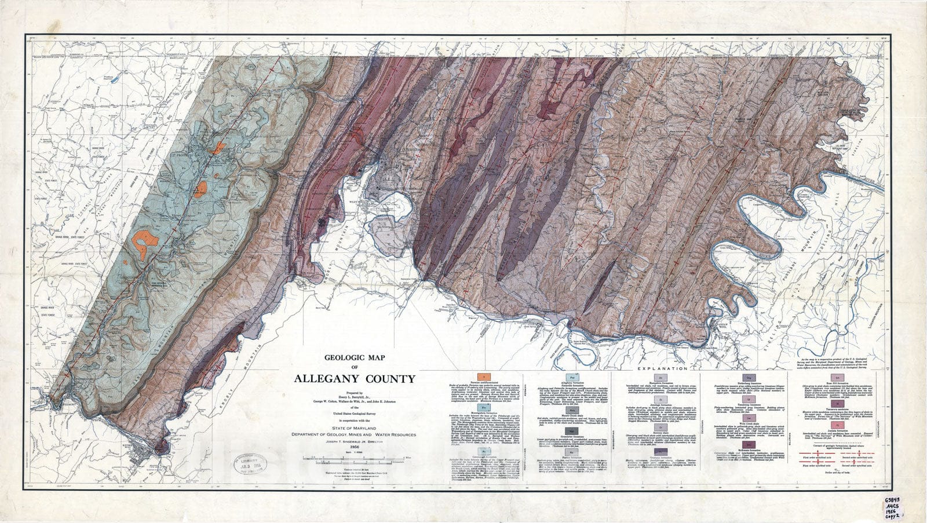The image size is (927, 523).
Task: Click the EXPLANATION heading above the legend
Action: click(x=662, y=368)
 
